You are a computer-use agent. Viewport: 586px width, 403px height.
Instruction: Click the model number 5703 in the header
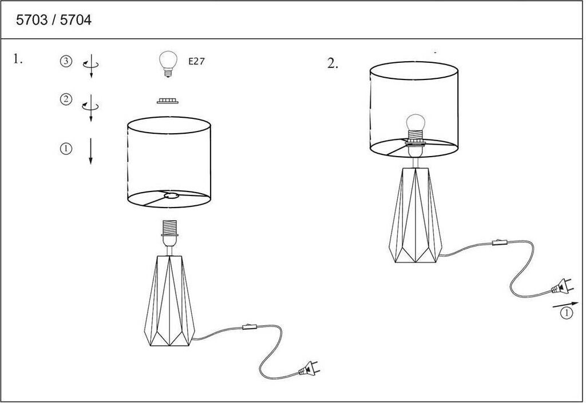(32, 20)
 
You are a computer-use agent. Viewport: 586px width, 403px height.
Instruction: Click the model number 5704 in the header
(76, 20)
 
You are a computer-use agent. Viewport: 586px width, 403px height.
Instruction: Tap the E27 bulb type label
(197, 61)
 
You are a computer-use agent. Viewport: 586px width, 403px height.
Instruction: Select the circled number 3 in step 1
(66, 61)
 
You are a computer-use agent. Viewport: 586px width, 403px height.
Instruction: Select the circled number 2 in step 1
(66, 99)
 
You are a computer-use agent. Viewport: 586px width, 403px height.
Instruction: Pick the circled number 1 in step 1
(66, 149)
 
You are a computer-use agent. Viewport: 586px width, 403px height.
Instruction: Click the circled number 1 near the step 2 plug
(567, 313)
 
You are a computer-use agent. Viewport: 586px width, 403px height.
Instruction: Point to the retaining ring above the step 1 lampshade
(168, 101)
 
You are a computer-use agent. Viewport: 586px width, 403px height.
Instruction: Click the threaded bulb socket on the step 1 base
(169, 228)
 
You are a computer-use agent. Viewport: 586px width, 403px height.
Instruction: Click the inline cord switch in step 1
(250, 327)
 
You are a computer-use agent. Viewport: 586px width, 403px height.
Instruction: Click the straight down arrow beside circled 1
(90, 151)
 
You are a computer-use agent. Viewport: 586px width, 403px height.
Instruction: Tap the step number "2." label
(332, 63)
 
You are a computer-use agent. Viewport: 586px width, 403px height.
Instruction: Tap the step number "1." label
(18, 59)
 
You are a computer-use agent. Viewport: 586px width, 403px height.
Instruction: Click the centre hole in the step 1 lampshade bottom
(171, 195)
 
